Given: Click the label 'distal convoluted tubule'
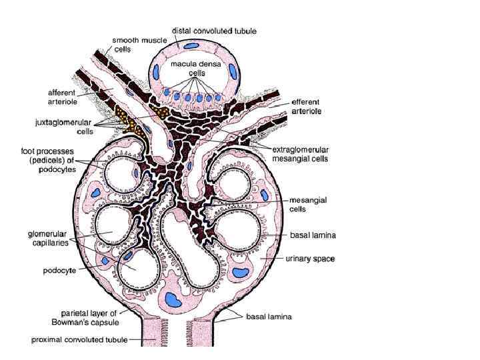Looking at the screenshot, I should coord(213,31).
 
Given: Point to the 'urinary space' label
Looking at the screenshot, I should coord(310,258).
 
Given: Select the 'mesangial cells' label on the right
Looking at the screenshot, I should coord(306,203).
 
